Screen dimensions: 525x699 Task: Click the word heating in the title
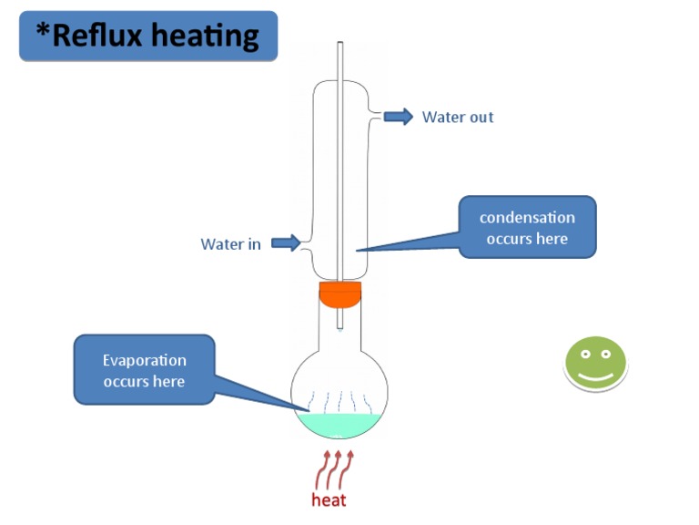point(209,37)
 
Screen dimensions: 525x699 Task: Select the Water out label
point(458,117)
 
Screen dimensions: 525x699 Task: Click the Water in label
point(230,243)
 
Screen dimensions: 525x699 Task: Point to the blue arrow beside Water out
point(398,116)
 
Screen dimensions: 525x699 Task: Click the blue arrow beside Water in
point(286,242)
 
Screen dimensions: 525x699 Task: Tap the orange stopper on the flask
point(340,294)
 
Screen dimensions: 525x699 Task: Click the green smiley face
point(596,364)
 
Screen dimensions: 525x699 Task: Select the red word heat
point(329,500)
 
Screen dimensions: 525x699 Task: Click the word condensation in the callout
point(527,218)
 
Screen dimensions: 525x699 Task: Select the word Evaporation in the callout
point(144,360)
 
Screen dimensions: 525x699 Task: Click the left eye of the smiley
point(585,354)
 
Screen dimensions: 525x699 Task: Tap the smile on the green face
point(596,375)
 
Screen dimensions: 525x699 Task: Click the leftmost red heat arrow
point(322,470)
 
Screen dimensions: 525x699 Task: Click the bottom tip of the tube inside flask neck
point(340,327)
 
